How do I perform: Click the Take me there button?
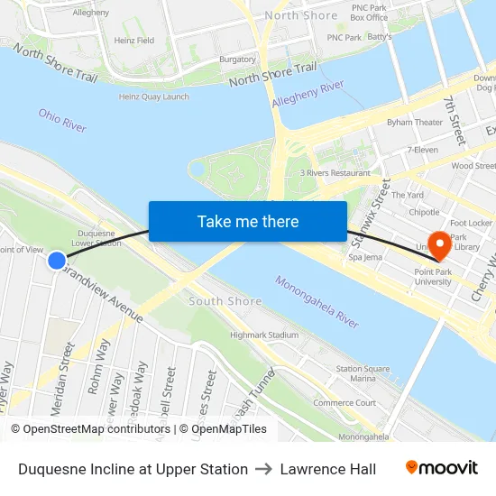click(x=248, y=221)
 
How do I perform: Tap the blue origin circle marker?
click(x=57, y=261)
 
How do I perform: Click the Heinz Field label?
click(x=133, y=41)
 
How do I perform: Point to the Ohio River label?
click(x=62, y=121)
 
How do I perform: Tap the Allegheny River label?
click(x=308, y=93)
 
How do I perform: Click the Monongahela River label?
click(x=317, y=301)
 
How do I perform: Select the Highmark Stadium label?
click(x=263, y=335)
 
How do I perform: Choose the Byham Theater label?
click(x=415, y=122)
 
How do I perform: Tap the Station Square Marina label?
click(x=362, y=373)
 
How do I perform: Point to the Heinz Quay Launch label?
click(x=154, y=96)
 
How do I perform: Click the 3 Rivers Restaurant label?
click(x=335, y=172)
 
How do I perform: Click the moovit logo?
click(x=441, y=468)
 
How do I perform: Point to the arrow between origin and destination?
click(x=263, y=469)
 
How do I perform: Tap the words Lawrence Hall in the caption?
click(x=327, y=469)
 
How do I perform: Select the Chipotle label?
click(x=424, y=213)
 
